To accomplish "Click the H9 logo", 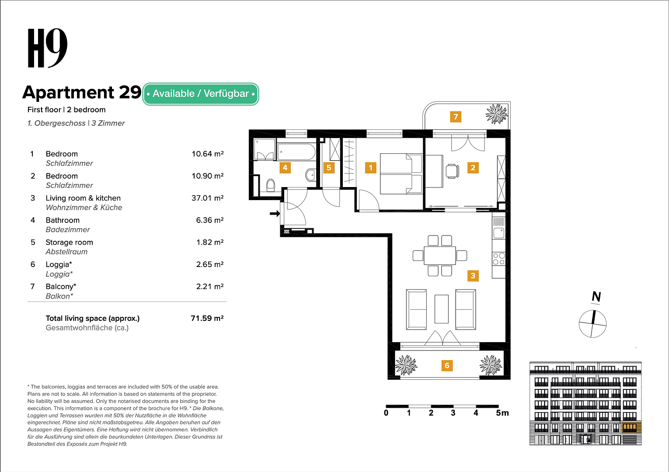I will coord(47,49).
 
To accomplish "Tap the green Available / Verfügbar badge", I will coord(201,94).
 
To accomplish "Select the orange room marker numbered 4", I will coord(285,167).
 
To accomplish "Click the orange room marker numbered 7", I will coord(456,117).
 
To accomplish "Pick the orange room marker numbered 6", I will coord(447,365).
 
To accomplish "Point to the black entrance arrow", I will coord(275,214).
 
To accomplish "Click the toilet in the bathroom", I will coord(270,185).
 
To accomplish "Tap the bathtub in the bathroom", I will coord(296,152).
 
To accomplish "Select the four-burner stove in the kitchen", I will coord(498,259).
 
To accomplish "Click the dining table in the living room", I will coord(439,256).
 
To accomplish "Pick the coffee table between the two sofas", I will coord(441,309).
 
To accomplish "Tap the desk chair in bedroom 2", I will coord(452,171).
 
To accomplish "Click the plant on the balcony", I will coord(496,115).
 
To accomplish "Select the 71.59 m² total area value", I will coord(207,318).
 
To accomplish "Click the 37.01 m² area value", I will coord(207,198).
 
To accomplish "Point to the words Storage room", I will coord(69,242).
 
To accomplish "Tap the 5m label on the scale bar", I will coord(502,413).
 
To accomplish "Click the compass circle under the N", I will coord(592,324).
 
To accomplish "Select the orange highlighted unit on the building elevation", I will coord(629,428).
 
